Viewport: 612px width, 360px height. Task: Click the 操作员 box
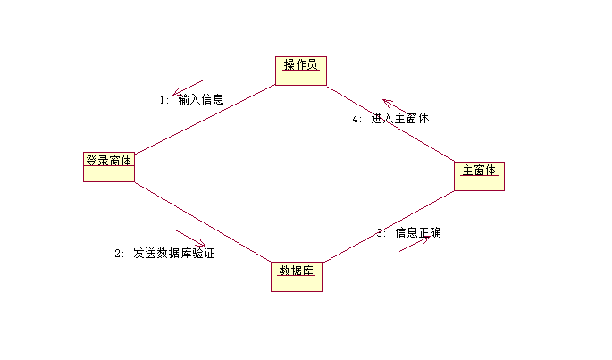tap(301, 71)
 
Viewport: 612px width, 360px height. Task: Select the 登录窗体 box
tap(109, 166)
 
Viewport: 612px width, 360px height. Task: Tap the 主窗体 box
tap(479, 175)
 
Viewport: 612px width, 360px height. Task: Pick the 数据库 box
tap(296, 276)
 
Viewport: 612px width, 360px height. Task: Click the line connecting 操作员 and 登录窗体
tap(205, 119)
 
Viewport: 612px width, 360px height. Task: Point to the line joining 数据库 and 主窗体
tap(388, 227)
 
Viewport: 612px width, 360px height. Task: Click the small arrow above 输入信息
tap(189, 88)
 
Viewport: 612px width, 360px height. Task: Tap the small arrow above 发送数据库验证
tap(191, 239)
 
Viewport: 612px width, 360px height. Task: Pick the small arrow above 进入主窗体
tap(397, 107)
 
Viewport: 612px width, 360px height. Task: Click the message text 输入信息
tap(201, 100)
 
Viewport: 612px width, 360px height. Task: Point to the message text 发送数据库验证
tap(174, 254)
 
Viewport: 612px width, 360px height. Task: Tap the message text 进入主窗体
tap(400, 119)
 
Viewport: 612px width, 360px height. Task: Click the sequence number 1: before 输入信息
tap(164, 100)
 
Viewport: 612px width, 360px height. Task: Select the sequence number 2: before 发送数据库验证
tap(121, 254)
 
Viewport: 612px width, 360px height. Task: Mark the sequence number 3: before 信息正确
tap(381, 232)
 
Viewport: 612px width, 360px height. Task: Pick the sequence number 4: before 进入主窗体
tap(357, 119)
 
